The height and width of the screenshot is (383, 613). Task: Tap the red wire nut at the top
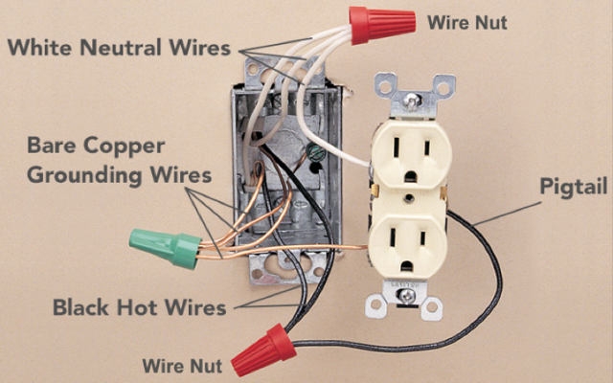pos(379,25)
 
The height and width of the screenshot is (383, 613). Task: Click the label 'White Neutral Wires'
pos(121,47)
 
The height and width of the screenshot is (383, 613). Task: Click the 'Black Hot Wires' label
pos(139,308)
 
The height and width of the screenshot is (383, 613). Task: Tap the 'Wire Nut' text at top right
pos(467,21)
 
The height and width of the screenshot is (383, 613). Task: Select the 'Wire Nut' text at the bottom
pos(182,366)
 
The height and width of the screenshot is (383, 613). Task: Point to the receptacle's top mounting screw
pos(409,99)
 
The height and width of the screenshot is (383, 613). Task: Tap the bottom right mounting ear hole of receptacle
pos(433,308)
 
